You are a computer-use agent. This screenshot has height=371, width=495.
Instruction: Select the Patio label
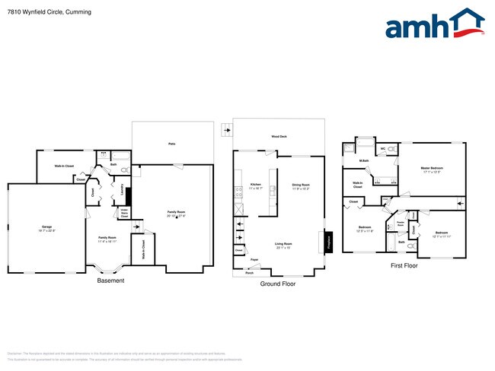coord(172,143)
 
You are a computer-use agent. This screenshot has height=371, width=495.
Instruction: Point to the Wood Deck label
coord(279,137)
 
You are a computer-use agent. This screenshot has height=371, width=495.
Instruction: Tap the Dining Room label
coord(301,185)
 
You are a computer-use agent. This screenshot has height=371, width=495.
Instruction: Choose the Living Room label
coord(283,245)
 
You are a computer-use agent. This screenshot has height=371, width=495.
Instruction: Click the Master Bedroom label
coord(432,168)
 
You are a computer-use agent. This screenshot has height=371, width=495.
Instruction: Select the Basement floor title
coord(111,281)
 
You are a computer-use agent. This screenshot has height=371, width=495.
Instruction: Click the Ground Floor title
coord(279,284)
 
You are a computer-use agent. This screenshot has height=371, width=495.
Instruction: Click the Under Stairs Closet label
coord(124,213)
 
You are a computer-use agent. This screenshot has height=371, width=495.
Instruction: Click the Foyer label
coord(254,260)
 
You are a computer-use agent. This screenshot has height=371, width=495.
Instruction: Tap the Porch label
coord(249,271)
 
